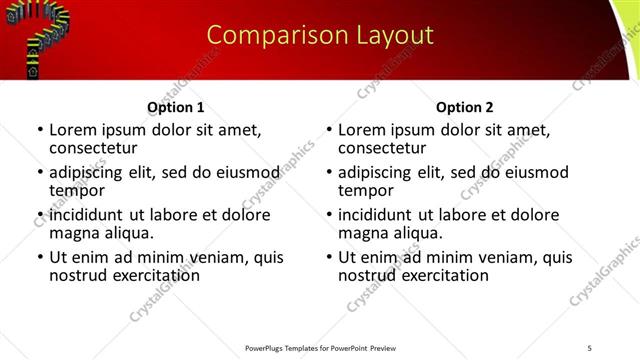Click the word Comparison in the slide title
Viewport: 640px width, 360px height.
(265, 35)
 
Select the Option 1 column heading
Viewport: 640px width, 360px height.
(176, 107)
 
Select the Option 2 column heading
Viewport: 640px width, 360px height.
(465, 107)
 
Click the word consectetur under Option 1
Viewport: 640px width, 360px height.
(92, 148)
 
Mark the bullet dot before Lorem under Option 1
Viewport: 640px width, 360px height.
(39, 130)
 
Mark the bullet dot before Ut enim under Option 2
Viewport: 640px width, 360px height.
(328, 257)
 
